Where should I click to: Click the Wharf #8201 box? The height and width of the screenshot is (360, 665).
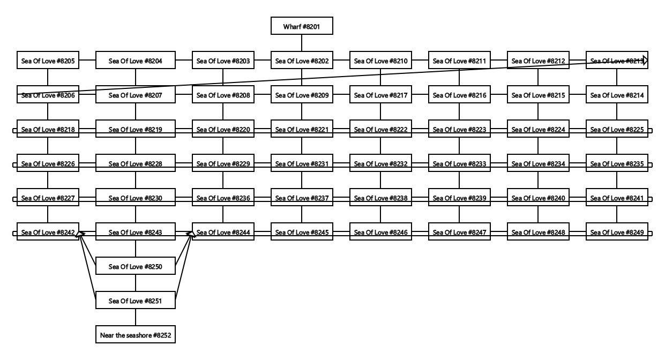pyautogui.click(x=301, y=26)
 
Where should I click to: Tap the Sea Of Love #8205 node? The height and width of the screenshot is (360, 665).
pyautogui.click(x=48, y=61)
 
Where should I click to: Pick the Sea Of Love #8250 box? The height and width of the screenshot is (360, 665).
pyautogui.click(x=135, y=267)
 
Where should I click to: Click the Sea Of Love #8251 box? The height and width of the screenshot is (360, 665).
pyautogui.click(x=135, y=301)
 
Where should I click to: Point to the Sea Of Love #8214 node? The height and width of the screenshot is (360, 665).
pyautogui.click(x=617, y=95)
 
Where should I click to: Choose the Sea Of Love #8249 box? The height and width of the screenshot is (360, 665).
pyautogui.click(x=617, y=232)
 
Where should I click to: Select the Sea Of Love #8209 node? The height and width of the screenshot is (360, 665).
pyautogui.click(x=301, y=95)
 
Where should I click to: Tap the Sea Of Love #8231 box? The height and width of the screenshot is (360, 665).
pyautogui.click(x=301, y=164)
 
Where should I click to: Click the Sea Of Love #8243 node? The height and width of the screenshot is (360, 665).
pyautogui.click(x=135, y=232)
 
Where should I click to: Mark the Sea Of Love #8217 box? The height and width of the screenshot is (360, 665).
pyautogui.click(x=380, y=95)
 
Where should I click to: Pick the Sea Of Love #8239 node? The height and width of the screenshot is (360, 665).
pyautogui.click(x=459, y=198)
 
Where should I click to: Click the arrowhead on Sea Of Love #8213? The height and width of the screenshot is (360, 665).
pyautogui.click(x=645, y=61)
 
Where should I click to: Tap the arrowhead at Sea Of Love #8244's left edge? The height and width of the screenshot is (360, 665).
pyautogui.click(x=190, y=234)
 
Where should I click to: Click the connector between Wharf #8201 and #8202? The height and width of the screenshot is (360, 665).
pyautogui.click(x=301, y=43)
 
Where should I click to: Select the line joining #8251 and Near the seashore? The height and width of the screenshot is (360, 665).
pyautogui.click(x=135, y=318)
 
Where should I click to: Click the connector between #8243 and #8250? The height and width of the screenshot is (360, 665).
pyautogui.click(x=135, y=250)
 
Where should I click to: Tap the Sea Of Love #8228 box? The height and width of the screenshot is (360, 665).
pyautogui.click(x=135, y=164)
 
